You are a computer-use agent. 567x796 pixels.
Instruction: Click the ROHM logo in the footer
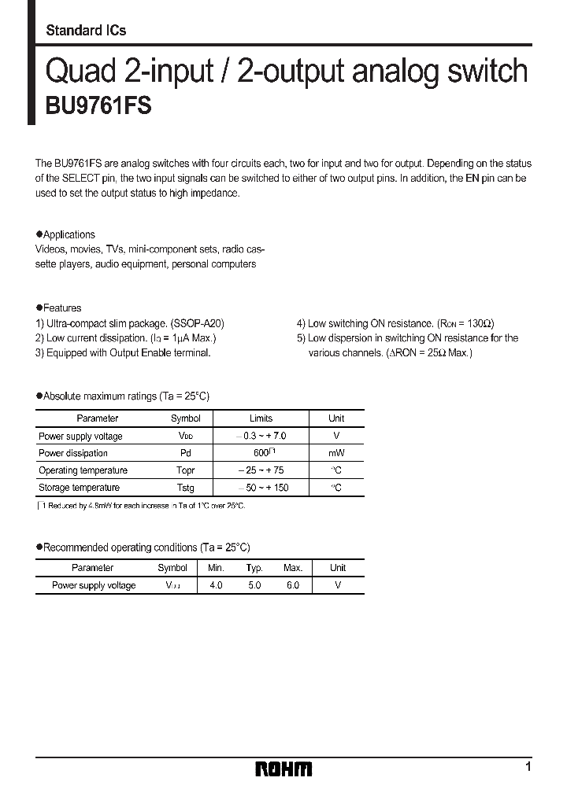click(x=283, y=768)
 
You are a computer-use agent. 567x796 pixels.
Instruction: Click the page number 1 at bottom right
click(x=528, y=766)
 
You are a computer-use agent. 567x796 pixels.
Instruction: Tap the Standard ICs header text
click(x=86, y=31)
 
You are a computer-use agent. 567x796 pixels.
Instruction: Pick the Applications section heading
click(x=69, y=234)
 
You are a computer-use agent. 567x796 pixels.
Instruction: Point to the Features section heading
click(x=62, y=308)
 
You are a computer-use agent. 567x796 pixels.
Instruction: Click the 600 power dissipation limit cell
click(x=261, y=453)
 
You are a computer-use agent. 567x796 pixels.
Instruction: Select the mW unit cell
click(x=336, y=453)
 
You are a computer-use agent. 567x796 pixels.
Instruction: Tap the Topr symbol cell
click(x=186, y=470)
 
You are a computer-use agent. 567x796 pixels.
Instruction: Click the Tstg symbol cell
click(x=186, y=488)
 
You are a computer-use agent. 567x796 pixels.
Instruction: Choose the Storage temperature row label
click(x=83, y=488)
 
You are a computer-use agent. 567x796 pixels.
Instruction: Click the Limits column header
click(x=261, y=418)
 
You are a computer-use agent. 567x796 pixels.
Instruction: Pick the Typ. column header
click(x=254, y=567)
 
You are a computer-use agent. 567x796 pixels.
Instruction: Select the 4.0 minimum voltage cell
click(x=216, y=585)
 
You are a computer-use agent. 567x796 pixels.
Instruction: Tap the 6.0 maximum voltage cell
click(x=292, y=585)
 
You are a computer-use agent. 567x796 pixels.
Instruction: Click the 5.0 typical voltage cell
click(x=254, y=585)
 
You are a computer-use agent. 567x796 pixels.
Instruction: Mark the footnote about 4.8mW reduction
click(x=142, y=506)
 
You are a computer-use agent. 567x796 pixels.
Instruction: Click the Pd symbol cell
click(x=186, y=453)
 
